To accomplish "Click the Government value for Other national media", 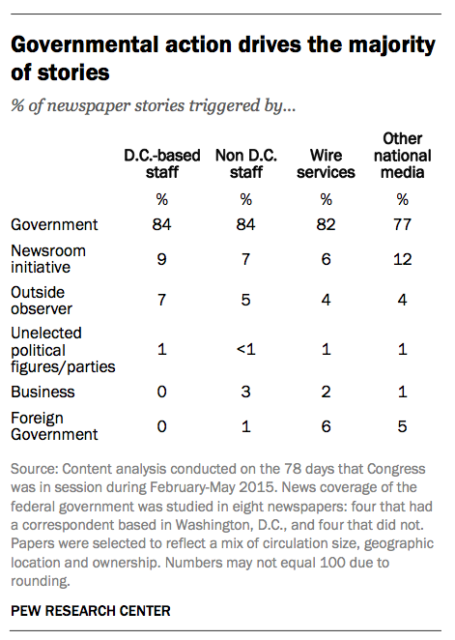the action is [x=402, y=224].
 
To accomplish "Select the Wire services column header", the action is [x=326, y=163].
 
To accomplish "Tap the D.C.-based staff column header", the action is [x=162, y=163].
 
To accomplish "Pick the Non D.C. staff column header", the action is [x=245, y=163].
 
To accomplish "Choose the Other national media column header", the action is [x=403, y=156].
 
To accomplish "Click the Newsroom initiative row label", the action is [x=48, y=259].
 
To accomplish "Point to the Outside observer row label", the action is [x=42, y=301].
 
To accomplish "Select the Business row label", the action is [x=43, y=392].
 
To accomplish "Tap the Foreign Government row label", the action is [x=54, y=426].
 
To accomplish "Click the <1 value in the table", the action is [x=245, y=349].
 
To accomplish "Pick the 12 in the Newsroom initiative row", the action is [x=403, y=259].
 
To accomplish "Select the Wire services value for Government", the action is [x=326, y=224].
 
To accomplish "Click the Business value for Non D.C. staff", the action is [x=245, y=392].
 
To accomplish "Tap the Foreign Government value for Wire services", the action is [x=326, y=426].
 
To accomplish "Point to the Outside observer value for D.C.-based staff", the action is [x=162, y=300].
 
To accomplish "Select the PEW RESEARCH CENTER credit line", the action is [x=91, y=611].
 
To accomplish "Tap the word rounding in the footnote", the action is [x=40, y=581].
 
